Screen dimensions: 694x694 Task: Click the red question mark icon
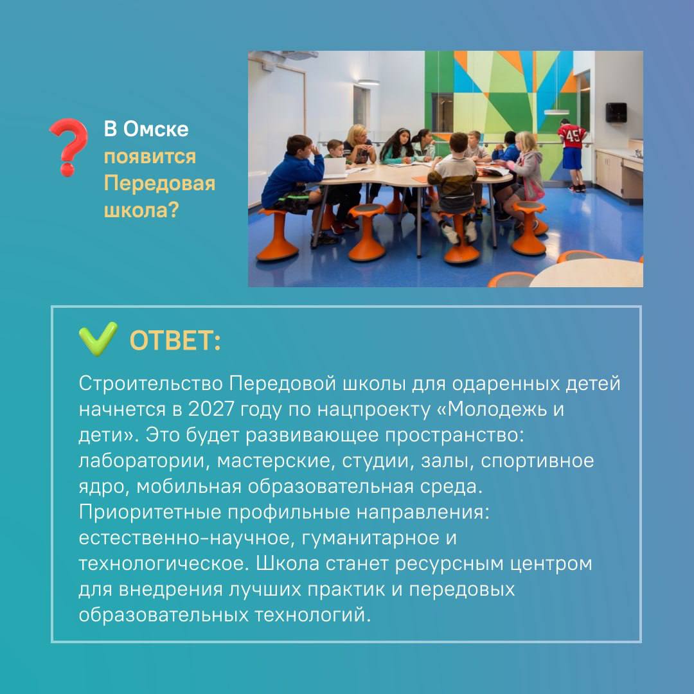click(69, 147)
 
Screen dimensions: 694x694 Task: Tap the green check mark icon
click(98, 339)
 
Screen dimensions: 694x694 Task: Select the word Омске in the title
click(156, 129)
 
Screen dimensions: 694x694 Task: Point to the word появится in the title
click(150, 157)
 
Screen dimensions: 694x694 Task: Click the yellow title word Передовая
click(159, 184)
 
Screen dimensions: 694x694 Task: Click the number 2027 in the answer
click(211, 409)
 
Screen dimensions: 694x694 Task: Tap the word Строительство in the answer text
click(150, 383)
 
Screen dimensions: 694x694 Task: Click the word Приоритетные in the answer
click(150, 513)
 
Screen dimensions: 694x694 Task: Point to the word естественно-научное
click(184, 538)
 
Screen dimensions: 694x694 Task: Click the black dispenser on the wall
click(616, 112)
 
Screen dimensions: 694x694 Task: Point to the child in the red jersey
click(573, 155)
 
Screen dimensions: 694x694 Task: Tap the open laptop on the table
click(335, 167)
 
